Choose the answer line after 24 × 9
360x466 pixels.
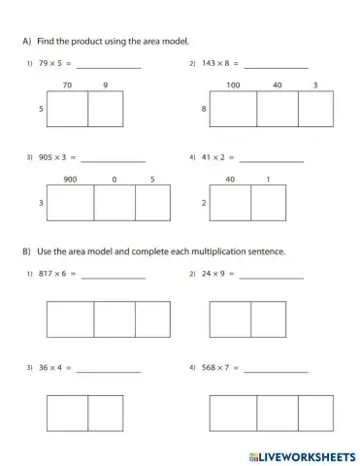tap(271, 276)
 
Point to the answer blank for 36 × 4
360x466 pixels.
tap(108, 369)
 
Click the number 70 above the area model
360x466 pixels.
tap(67, 85)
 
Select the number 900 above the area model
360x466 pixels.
tap(70, 179)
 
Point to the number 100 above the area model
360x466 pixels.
tap(233, 85)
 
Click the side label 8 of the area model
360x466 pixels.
tap(204, 111)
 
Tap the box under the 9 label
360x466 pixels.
tap(106, 111)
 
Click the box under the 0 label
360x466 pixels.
tap(115, 203)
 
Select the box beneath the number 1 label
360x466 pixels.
tap(268, 203)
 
